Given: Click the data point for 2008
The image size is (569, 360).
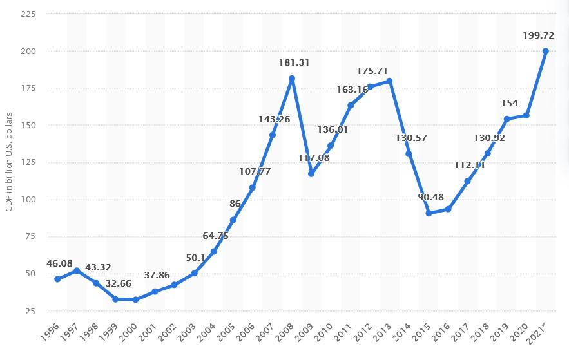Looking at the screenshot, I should point(292,79).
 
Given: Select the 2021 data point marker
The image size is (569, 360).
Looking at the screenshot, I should point(546,51).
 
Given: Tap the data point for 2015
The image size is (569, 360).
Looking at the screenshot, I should point(429,213).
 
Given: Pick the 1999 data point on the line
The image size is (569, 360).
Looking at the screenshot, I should point(116,299).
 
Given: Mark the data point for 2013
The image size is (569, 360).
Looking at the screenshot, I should point(389,81).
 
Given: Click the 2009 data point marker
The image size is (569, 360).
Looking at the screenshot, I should point(311,174).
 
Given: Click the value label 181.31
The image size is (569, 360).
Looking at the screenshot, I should point(292,62).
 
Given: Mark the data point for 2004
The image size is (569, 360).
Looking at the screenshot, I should point(214,251).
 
